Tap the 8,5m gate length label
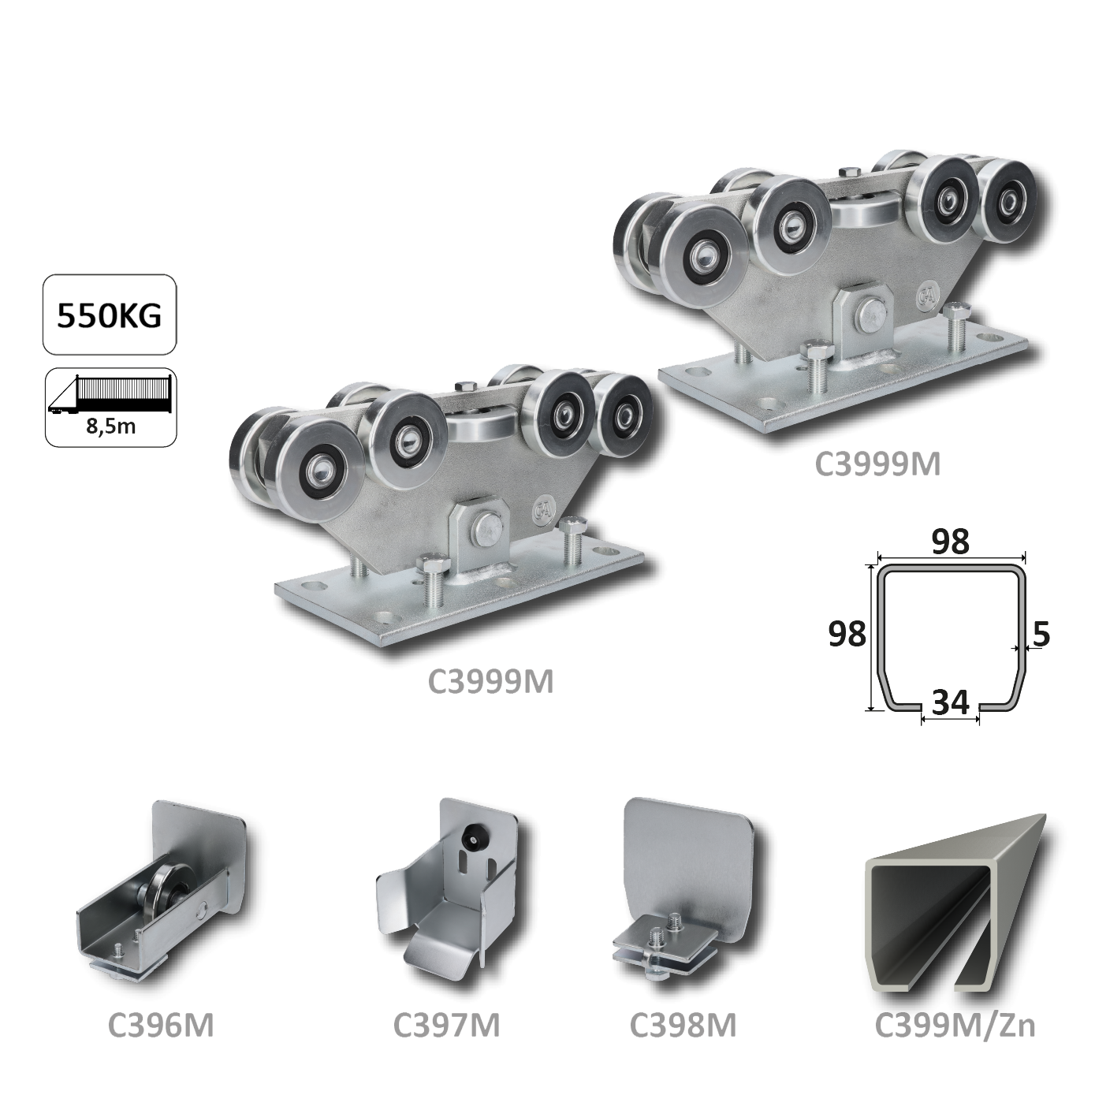[x=111, y=426]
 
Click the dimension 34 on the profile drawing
[x=951, y=703]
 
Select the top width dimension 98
[x=951, y=542]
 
